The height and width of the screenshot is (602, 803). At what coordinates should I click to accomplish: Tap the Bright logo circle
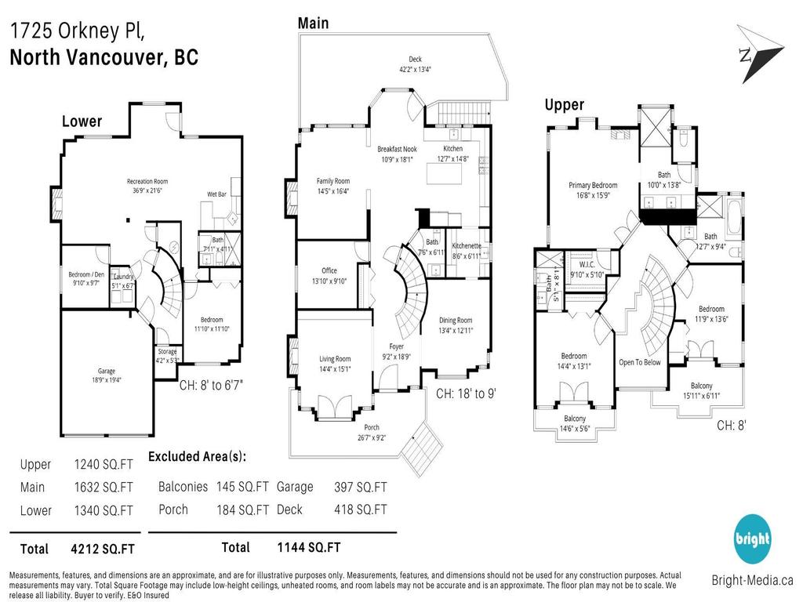752,539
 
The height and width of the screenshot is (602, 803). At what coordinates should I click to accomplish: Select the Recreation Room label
147,182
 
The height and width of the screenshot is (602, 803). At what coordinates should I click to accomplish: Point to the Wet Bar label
217,194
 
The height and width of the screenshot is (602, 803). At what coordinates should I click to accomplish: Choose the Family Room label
333,180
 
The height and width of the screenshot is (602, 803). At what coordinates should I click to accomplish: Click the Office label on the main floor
329,271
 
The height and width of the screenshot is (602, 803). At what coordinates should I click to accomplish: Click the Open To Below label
639,362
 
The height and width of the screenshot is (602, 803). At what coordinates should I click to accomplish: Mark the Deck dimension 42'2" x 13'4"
415,69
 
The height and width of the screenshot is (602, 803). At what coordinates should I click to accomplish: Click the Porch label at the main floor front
371,427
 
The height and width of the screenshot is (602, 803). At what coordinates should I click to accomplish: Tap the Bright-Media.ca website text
752,581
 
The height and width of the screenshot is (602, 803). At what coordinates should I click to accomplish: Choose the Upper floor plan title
564,105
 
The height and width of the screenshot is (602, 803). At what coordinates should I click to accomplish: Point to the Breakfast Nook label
397,149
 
